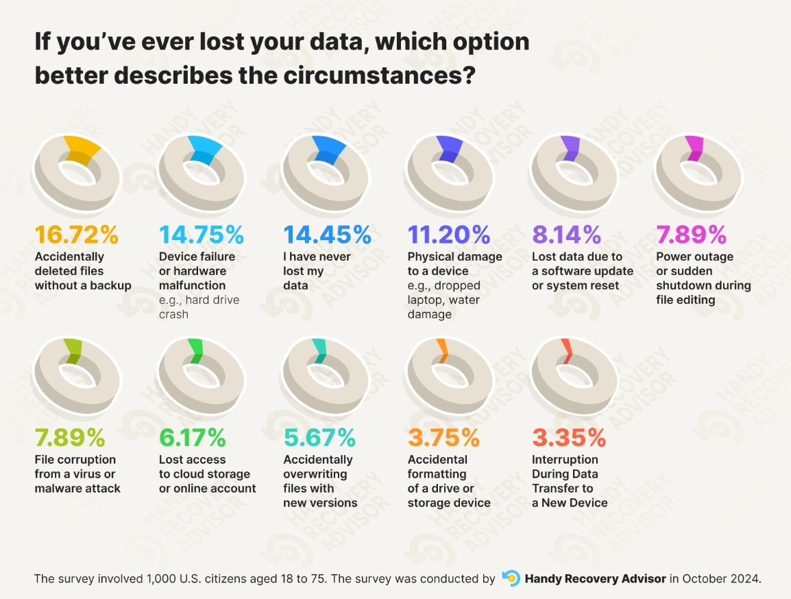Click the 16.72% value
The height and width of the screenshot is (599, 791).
77,235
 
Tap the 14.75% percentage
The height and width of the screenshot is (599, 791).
202,235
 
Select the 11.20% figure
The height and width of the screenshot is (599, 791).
449,235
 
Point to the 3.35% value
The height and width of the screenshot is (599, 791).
569,437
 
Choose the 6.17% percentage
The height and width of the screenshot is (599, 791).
192,437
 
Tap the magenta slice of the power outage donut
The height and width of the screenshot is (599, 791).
694,149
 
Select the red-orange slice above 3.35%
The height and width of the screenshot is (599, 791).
566,349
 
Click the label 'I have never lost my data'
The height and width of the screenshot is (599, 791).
317,271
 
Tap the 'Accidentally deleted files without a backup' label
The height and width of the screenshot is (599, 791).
82,271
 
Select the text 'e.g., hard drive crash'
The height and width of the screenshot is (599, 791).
199,307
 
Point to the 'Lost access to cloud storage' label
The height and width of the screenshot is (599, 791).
207,474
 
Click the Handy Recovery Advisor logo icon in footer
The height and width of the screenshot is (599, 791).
510,578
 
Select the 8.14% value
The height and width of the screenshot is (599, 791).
566,235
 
